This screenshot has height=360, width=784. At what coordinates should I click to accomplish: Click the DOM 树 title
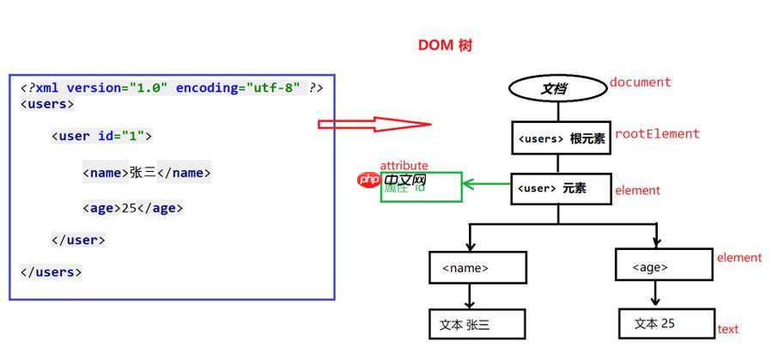tap(445, 46)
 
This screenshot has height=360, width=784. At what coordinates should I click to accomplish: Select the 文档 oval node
tap(557, 88)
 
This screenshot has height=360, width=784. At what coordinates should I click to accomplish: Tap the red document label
tap(640, 82)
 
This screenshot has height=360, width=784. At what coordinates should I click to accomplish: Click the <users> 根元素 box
tap(561, 137)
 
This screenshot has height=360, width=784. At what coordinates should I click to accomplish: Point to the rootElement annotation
tap(657, 134)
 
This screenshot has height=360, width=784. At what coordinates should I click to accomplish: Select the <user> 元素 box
tap(560, 188)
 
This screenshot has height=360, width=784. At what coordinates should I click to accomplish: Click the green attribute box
tap(421, 187)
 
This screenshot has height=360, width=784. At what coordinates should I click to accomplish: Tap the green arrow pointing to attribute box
tap(486, 183)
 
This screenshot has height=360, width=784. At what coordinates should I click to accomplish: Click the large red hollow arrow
tap(374, 124)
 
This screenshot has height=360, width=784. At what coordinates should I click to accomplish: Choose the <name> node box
tap(477, 267)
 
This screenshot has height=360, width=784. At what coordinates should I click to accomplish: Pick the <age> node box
tap(663, 265)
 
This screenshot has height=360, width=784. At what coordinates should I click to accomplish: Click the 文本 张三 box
tap(477, 324)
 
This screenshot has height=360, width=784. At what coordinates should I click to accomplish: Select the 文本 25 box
tap(665, 323)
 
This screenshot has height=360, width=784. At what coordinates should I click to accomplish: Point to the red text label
tap(727, 329)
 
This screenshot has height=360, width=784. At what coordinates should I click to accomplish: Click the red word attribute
tap(404, 165)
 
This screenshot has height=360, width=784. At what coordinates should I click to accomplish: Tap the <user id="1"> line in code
tap(101, 136)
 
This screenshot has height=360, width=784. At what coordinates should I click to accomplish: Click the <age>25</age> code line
tap(133, 208)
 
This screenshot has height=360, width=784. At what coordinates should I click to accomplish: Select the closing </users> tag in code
tap(51, 272)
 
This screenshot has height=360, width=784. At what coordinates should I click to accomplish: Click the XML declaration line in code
tap(172, 88)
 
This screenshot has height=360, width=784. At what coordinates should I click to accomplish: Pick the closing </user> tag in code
tap(78, 240)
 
